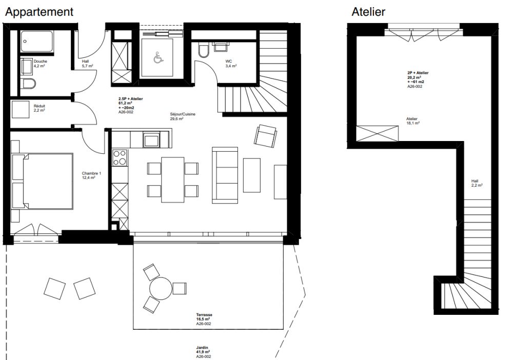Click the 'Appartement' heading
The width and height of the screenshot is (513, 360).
point(39,12)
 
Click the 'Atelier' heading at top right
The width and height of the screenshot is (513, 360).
point(368,12)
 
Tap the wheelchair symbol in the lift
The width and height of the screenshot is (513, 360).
point(159,58)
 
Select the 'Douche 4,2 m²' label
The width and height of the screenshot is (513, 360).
point(41,63)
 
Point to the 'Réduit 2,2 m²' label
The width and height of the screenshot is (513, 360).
point(40,108)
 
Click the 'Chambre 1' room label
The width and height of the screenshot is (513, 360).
point(91,175)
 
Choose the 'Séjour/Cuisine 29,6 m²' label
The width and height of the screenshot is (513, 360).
point(183,116)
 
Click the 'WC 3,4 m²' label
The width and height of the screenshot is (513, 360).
point(230,64)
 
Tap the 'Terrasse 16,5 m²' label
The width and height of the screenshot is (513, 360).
point(204,319)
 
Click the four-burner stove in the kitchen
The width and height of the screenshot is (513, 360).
point(120,158)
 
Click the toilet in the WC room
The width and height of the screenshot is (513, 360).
point(202,51)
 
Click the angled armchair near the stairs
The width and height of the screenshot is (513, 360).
point(265,137)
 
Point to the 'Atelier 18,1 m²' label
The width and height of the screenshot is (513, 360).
point(412,121)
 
